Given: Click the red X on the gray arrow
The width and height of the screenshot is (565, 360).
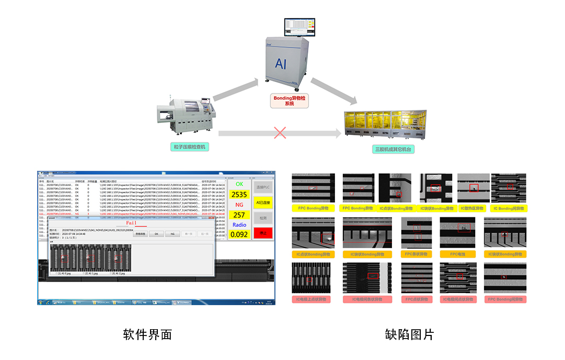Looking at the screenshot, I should pos(280,133).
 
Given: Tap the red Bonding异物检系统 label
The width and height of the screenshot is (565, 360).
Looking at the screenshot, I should pos(289,100).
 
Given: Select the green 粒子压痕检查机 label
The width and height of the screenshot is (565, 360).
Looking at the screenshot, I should pos(191,147).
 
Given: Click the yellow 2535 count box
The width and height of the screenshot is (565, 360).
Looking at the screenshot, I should pos(239,194).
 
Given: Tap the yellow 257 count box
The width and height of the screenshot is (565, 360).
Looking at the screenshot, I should pos(239,215).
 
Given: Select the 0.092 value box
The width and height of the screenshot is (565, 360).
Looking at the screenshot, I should pos(239,235).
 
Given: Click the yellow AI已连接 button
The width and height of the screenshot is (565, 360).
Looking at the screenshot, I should pos(263,202).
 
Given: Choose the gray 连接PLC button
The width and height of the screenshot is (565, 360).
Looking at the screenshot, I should pos(263,187).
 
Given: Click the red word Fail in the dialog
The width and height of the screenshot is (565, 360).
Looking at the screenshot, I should pos(131,223).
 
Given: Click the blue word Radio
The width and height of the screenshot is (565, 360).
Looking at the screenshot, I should pos(239,225).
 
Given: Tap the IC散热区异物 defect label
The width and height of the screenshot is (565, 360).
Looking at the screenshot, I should pos(473,208).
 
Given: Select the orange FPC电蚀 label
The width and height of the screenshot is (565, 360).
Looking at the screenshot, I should pos(457,254).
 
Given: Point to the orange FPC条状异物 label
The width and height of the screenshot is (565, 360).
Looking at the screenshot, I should pos(416,254).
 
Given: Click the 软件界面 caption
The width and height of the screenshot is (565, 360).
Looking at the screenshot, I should pos(147,334).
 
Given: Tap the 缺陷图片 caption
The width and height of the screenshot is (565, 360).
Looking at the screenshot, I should pos(409,334).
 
